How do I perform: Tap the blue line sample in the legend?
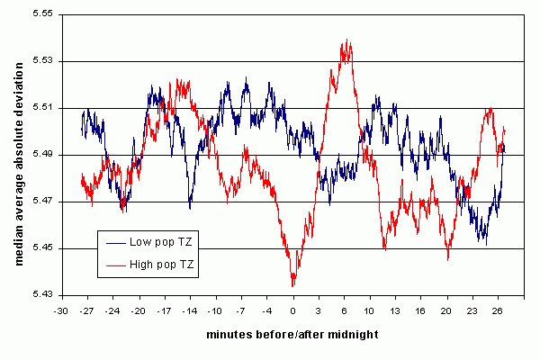pyautogui.click(x=116, y=243)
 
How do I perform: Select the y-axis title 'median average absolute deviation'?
pyautogui.click(x=19, y=154)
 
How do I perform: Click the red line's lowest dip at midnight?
pyautogui.click(x=292, y=285)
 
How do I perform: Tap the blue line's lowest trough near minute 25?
pyautogui.click(x=485, y=244)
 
